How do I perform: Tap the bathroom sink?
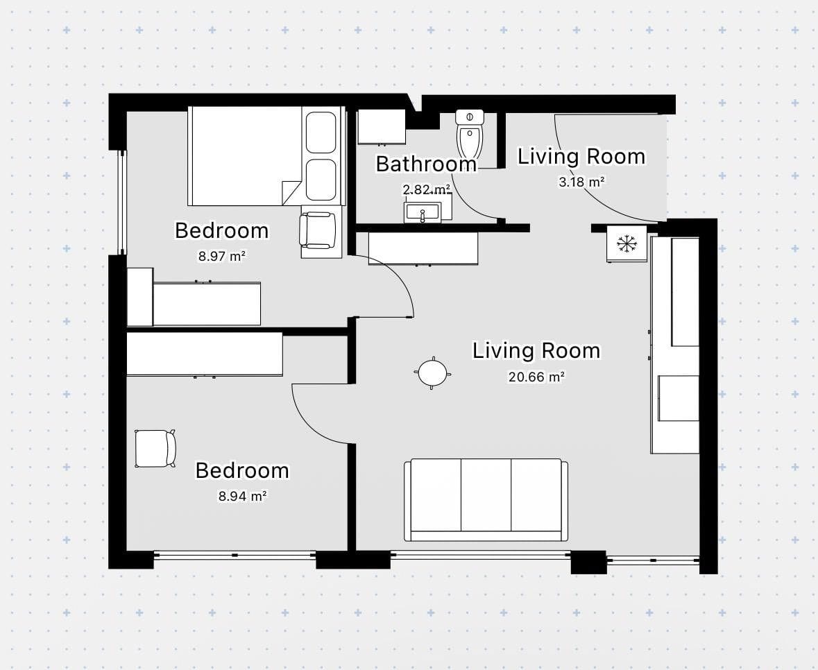(x=422, y=212)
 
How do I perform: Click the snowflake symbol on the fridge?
(x=627, y=243)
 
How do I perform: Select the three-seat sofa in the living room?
(x=486, y=500)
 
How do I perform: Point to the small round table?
(x=432, y=373)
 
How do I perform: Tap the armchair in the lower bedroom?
(x=155, y=449)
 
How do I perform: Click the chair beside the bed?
(x=318, y=230)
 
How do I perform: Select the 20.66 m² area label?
(x=536, y=377)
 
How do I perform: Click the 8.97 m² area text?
(x=222, y=256)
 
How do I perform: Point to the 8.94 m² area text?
(x=243, y=496)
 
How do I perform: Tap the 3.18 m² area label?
(x=581, y=182)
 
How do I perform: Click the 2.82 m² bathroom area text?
(x=426, y=189)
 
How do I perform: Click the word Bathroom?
(x=426, y=164)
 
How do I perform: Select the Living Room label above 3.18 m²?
(x=581, y=157)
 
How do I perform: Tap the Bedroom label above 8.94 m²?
(x=242, y=470)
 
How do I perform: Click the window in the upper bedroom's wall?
(x=121, y=203)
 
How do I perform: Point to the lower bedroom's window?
(x=235, y=556)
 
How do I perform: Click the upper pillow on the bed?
(x=321, y=132)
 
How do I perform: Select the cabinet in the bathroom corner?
(x=382, y=127)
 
